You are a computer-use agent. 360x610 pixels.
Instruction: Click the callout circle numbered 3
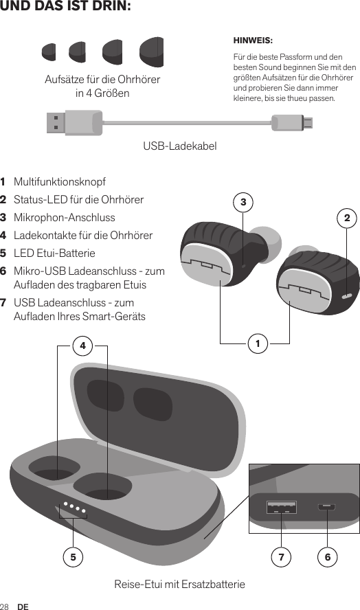243,202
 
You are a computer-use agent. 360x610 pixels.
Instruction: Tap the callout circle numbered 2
347,219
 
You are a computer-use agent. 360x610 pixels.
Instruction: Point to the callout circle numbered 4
82,346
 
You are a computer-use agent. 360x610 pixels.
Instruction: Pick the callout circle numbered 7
281,556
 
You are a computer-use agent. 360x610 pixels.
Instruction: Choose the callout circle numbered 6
328,556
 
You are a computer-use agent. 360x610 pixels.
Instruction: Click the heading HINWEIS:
253,41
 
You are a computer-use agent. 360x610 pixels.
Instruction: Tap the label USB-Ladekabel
179,146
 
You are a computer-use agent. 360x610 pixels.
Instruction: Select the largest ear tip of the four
151,52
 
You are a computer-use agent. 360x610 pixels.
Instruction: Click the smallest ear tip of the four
49,52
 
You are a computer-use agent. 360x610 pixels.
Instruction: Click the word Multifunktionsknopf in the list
60,183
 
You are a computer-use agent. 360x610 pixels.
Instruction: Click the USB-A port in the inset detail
281,508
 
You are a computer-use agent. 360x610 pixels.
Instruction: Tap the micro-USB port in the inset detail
326,508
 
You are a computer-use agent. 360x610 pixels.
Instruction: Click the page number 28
5,607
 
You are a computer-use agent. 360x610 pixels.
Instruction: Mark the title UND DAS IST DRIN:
66,8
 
